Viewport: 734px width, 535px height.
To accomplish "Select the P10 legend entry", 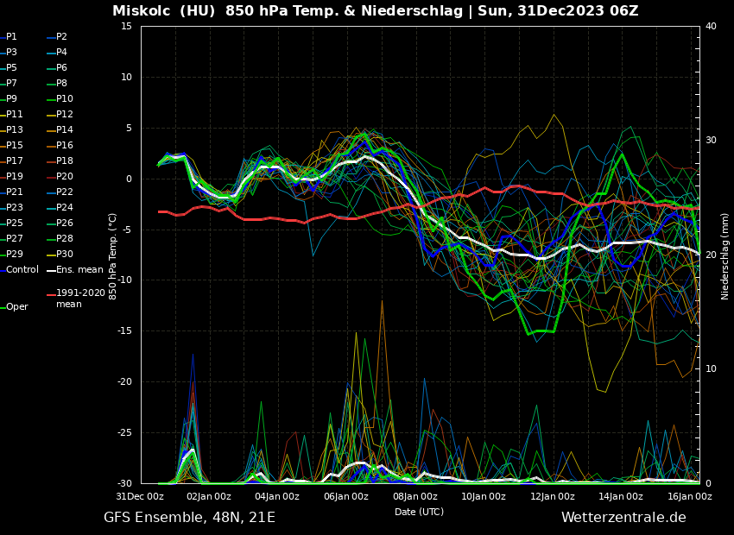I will (x=65, y=99).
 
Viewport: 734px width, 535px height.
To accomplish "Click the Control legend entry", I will (x=22, y=270).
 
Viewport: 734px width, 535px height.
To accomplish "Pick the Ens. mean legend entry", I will (x=79, y=270).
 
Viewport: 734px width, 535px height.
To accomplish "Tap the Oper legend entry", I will (x=17, y=307).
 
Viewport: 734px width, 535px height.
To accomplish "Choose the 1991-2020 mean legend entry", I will (x=80, y=299).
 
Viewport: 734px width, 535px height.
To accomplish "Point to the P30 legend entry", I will (x=65, y=255).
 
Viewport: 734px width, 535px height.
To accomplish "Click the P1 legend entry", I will (x=11, y=37).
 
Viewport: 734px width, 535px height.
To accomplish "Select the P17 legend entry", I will (x=15, y=161).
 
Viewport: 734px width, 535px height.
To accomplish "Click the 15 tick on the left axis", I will (x=126, y=27).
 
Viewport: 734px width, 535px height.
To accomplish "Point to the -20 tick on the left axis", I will (x=123, y=382).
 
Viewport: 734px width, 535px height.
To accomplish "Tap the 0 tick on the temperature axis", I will (x=129, y=179).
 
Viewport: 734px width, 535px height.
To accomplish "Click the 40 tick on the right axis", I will (x=711, y=27).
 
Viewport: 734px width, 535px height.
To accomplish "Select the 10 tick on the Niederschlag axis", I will (x=711, y=369).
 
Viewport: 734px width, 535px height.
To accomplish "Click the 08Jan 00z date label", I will (x=415, y=497).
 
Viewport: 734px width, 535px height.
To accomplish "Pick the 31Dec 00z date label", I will (x=140, y=497).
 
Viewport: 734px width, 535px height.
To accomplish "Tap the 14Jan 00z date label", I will (x=621, y=497).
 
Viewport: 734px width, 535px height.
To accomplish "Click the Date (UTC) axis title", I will (x=419, y=512).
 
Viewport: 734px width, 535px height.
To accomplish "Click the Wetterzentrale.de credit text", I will (x=623, y=518).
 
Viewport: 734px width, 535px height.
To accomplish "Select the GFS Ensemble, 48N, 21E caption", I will (x=189, y=518).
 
